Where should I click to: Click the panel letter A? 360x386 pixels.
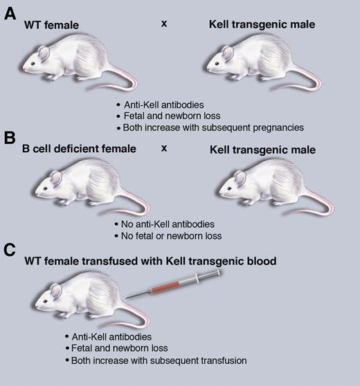11,13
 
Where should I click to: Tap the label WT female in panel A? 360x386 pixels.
51,26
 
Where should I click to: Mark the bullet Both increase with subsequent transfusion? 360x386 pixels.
156,360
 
